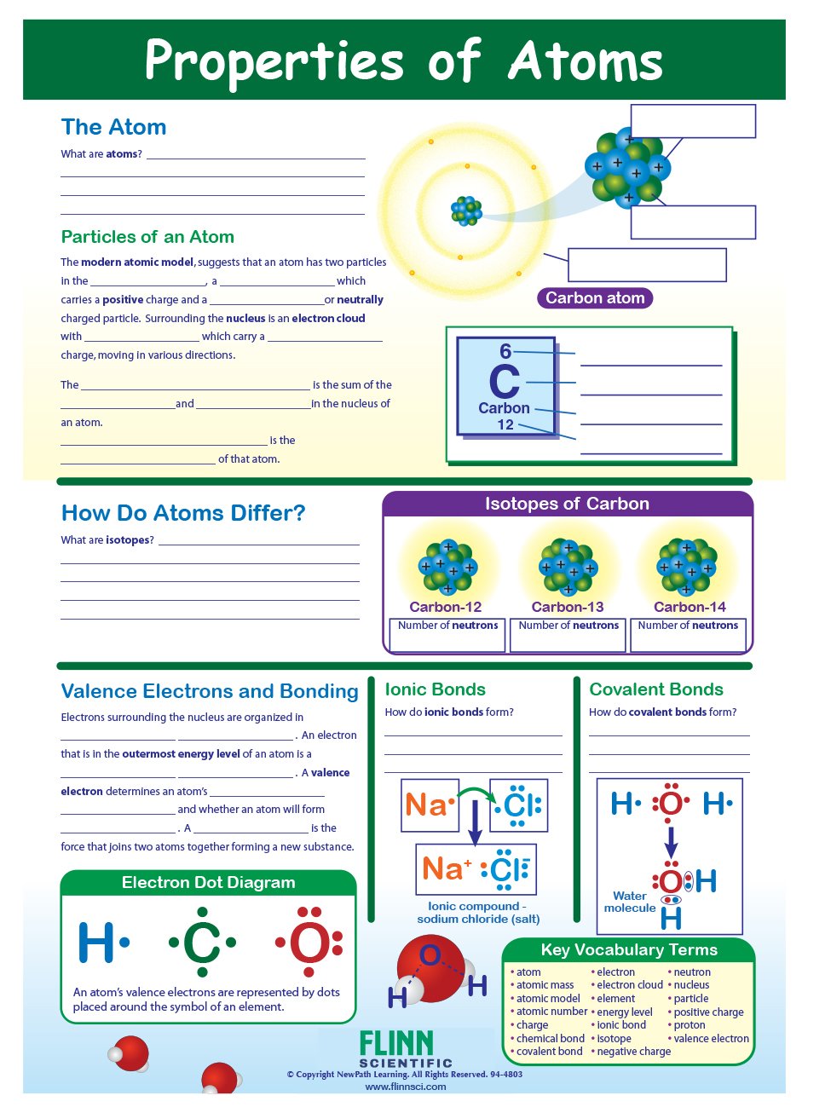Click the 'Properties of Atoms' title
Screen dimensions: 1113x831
pos(404,61)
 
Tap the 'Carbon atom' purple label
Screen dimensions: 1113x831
pos(595,298)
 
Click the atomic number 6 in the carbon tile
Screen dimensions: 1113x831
pos(505,351)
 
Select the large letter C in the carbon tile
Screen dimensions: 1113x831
pos(505,382)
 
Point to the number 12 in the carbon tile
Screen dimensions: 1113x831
pos(505,424)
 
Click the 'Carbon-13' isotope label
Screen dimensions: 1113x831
pos(568,607)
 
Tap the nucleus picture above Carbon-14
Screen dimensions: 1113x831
pos(687,566)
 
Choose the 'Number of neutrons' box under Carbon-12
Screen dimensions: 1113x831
pos(447,635)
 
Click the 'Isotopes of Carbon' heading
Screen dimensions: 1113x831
pos(567,504)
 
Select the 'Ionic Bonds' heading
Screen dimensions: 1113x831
pos(436,689)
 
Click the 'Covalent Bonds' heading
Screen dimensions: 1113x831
pos(656,689)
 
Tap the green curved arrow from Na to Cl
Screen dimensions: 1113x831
pos(476,795)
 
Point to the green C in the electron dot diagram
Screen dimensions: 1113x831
pos(202,943)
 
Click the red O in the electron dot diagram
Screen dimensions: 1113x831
pos(309,943)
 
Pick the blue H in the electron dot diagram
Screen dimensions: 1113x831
pos(96,943)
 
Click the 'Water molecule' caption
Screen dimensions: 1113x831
pos(630,902)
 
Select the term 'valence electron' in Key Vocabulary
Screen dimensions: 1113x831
pos(711,1038)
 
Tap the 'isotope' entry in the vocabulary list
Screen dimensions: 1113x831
pos(614,1038)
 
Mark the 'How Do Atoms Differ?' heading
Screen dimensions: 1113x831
pos(183,513)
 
